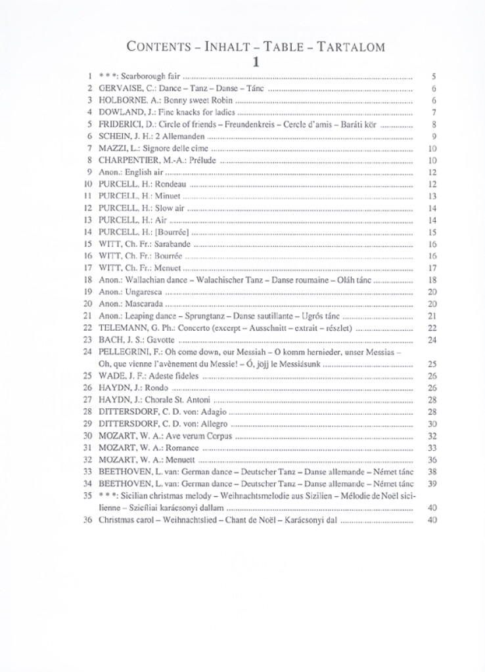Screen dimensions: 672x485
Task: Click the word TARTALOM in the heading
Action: (350, 47)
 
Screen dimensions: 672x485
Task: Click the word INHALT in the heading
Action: (219, 47)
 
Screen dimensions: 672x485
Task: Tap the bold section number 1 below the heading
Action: (255, 62)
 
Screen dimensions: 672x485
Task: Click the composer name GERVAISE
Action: (120, 89)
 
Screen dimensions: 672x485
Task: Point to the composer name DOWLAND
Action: (119, 112)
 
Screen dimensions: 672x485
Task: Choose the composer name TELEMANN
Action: (121, 327)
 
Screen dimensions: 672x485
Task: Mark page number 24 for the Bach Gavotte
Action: (432, 339)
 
